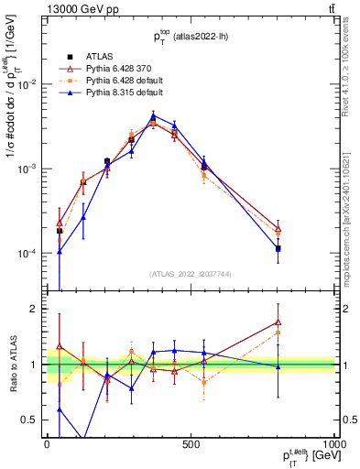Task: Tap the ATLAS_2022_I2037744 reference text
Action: pos(190,274)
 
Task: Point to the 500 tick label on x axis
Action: pos(191,442)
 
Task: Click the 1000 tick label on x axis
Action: pos(330,442)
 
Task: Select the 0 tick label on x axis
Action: pos(47,442)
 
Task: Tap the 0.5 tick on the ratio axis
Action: pos(31,420)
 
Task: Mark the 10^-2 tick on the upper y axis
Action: pos(27,84)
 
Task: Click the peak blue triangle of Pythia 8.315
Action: pos(153,115)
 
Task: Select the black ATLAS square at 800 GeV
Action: pos(278,248)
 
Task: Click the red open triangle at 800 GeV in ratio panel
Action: pos(278,322)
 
